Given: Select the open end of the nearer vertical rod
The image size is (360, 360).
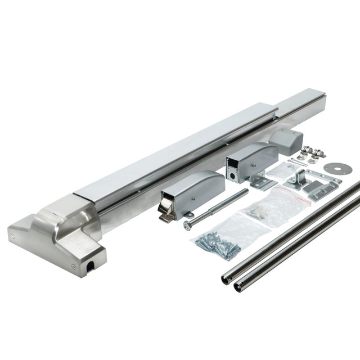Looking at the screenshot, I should pyautogui.click(x=238, y=287).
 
